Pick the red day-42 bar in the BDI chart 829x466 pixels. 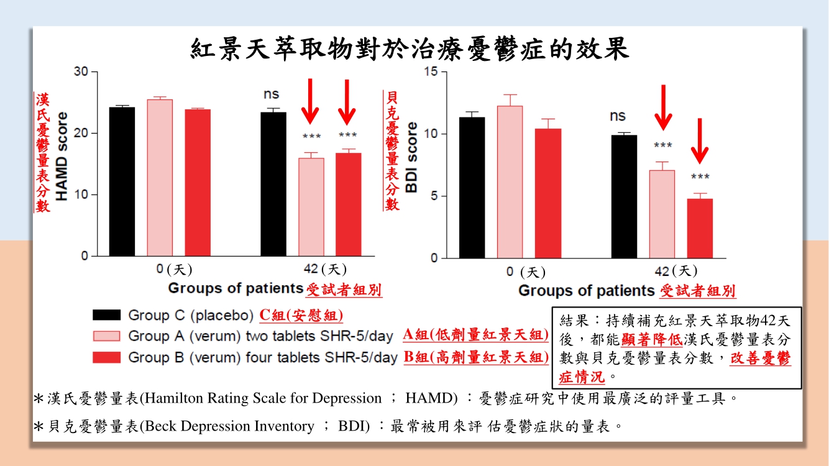(x=700, y=228)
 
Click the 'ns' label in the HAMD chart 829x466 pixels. (x=272, y=94)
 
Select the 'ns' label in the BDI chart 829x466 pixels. (x=617, y=116)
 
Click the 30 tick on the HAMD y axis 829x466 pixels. (x=81, y=72)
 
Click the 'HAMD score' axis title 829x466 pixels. (x=62, y=156)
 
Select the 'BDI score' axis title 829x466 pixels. (x=412, y=157)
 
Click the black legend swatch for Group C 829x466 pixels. (x=106, y=315)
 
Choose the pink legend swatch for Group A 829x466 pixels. (x=106, y=336)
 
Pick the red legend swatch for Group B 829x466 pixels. (x=106, y=357)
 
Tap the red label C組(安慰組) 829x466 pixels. (x=301, y=315)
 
